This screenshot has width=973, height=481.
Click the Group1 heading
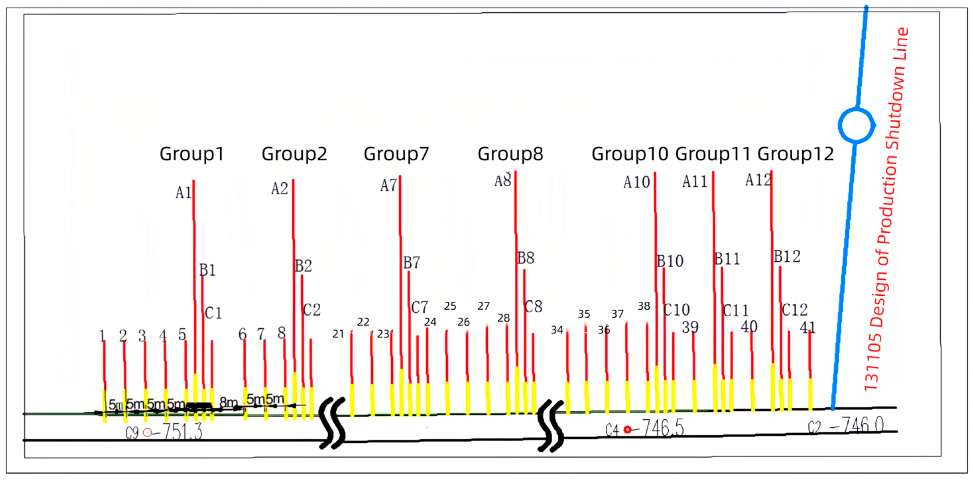point(192,154)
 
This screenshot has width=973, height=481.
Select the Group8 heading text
point(510,154)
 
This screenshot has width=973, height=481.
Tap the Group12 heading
point(795,154)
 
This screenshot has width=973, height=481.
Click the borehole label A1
point(184,193)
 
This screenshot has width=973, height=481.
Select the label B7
point(411,263)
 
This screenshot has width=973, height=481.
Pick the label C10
point(677,310)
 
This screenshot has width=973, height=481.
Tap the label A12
point(758,180)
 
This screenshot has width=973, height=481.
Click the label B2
point(303,266)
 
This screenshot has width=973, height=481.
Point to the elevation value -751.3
point(182,432)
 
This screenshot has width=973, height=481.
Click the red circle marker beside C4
point(627,430)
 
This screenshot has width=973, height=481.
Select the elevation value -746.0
point(856,426)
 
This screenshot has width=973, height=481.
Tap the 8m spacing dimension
point(228,402)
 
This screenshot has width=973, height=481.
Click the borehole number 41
point(807,327)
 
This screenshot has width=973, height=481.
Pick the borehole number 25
point(450,306)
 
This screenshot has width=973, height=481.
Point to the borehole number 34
point(557,330)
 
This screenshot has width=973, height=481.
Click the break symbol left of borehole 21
point(333,423)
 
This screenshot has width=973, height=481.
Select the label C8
point(533,307)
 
